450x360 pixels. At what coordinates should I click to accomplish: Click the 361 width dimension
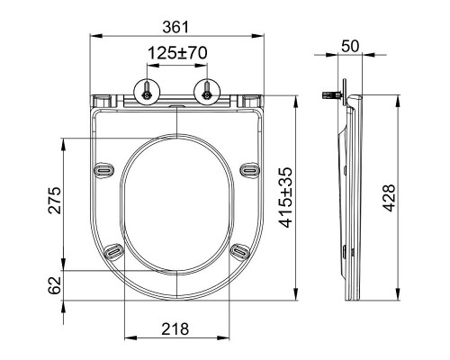(x=175, y=27)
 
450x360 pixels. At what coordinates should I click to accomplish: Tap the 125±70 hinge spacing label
(x=177, y=53)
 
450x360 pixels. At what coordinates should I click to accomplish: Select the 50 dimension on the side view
(x=350, y=46)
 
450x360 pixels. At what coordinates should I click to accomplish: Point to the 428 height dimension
(x=390, y=198)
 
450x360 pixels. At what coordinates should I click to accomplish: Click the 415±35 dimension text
(x=285, y=197)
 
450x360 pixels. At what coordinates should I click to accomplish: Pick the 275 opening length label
(x=55, y=201)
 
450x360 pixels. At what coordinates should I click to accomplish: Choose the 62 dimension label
(x=55, y=285)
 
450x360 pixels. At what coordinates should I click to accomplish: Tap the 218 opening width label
(x=175, y=328)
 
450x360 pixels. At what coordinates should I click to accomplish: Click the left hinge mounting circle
(x=147, y=93)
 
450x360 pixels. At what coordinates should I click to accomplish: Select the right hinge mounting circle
(x=207, y=93)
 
